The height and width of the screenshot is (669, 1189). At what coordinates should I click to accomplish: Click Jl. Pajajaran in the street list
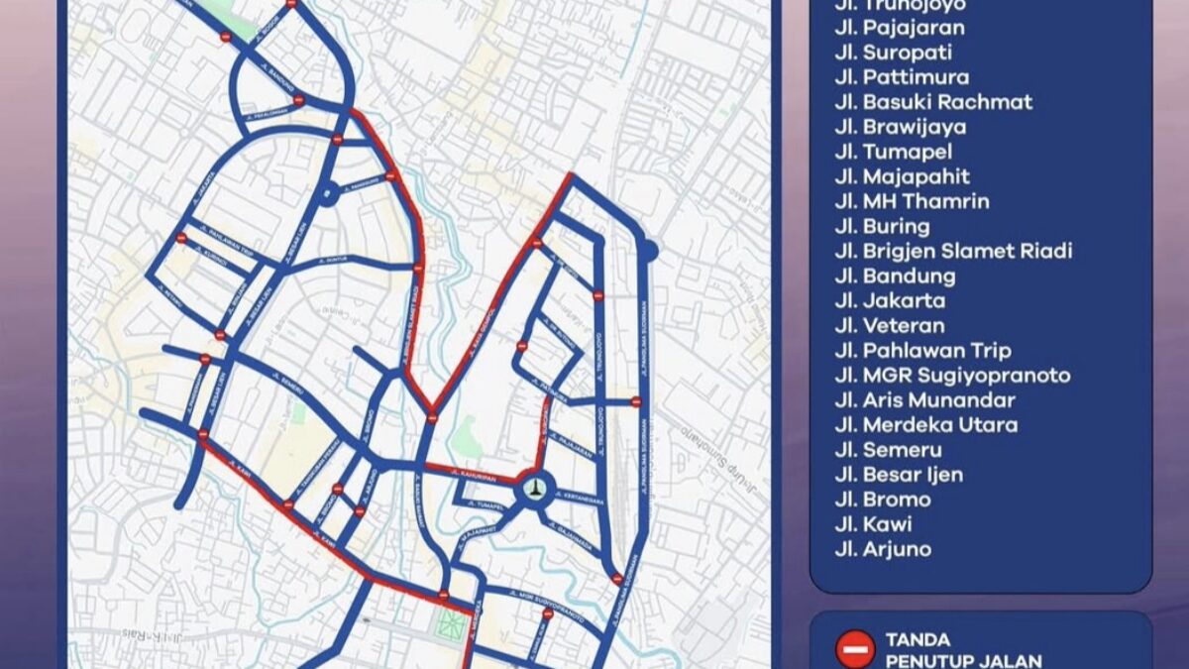(x=899, y=28)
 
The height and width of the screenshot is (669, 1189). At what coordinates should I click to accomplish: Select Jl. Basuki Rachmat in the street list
(x=933, y=102)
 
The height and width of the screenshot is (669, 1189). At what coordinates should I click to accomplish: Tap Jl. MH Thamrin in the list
(x=912, y=201)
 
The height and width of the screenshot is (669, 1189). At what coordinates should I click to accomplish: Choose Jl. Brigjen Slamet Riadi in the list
(x=953, y=251)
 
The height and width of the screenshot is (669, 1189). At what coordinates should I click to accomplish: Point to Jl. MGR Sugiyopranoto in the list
(x=952, y=376)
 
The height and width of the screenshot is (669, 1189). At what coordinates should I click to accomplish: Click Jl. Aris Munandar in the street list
(x=924, y=400)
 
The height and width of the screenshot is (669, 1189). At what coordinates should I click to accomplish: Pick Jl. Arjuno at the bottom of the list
(x=883, y=549)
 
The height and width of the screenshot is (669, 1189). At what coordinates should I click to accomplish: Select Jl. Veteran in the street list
(x=889, y=325)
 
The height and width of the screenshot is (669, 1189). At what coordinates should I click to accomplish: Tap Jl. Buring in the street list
(x=882, y=226)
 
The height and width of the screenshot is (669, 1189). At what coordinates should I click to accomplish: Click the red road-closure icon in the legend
(x=854, y=649)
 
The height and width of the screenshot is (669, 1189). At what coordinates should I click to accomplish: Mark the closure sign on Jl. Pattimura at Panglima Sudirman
(x=636, y=401)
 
